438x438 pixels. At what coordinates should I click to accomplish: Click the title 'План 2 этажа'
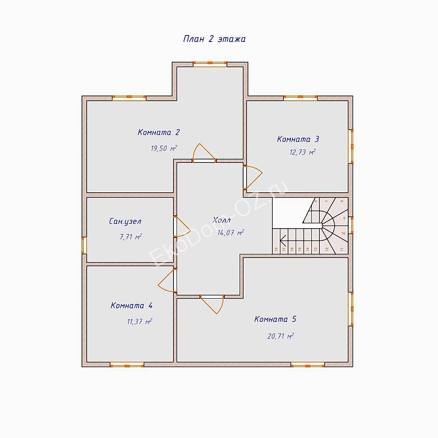point(214,39)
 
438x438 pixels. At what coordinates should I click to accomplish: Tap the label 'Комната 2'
point(159,132)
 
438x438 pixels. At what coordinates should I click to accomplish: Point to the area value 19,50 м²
point(163,148)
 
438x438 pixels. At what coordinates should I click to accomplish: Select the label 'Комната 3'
point(298,139)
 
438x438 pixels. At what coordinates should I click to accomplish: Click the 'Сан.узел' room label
point(125,222)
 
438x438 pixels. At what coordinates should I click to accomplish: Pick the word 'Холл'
point(222,220)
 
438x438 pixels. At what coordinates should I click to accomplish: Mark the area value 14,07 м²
point(230,233)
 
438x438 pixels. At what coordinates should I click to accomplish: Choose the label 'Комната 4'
point(132,306)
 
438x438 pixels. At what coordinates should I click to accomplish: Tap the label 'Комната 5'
point(275,319)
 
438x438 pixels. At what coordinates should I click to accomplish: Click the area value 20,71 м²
point(280,336)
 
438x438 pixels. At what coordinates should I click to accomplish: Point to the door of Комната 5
point(213,304)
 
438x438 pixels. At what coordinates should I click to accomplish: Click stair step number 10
point(343,233)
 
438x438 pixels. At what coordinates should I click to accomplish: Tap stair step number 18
point(276,249)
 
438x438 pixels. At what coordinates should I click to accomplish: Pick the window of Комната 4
point(127,364)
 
